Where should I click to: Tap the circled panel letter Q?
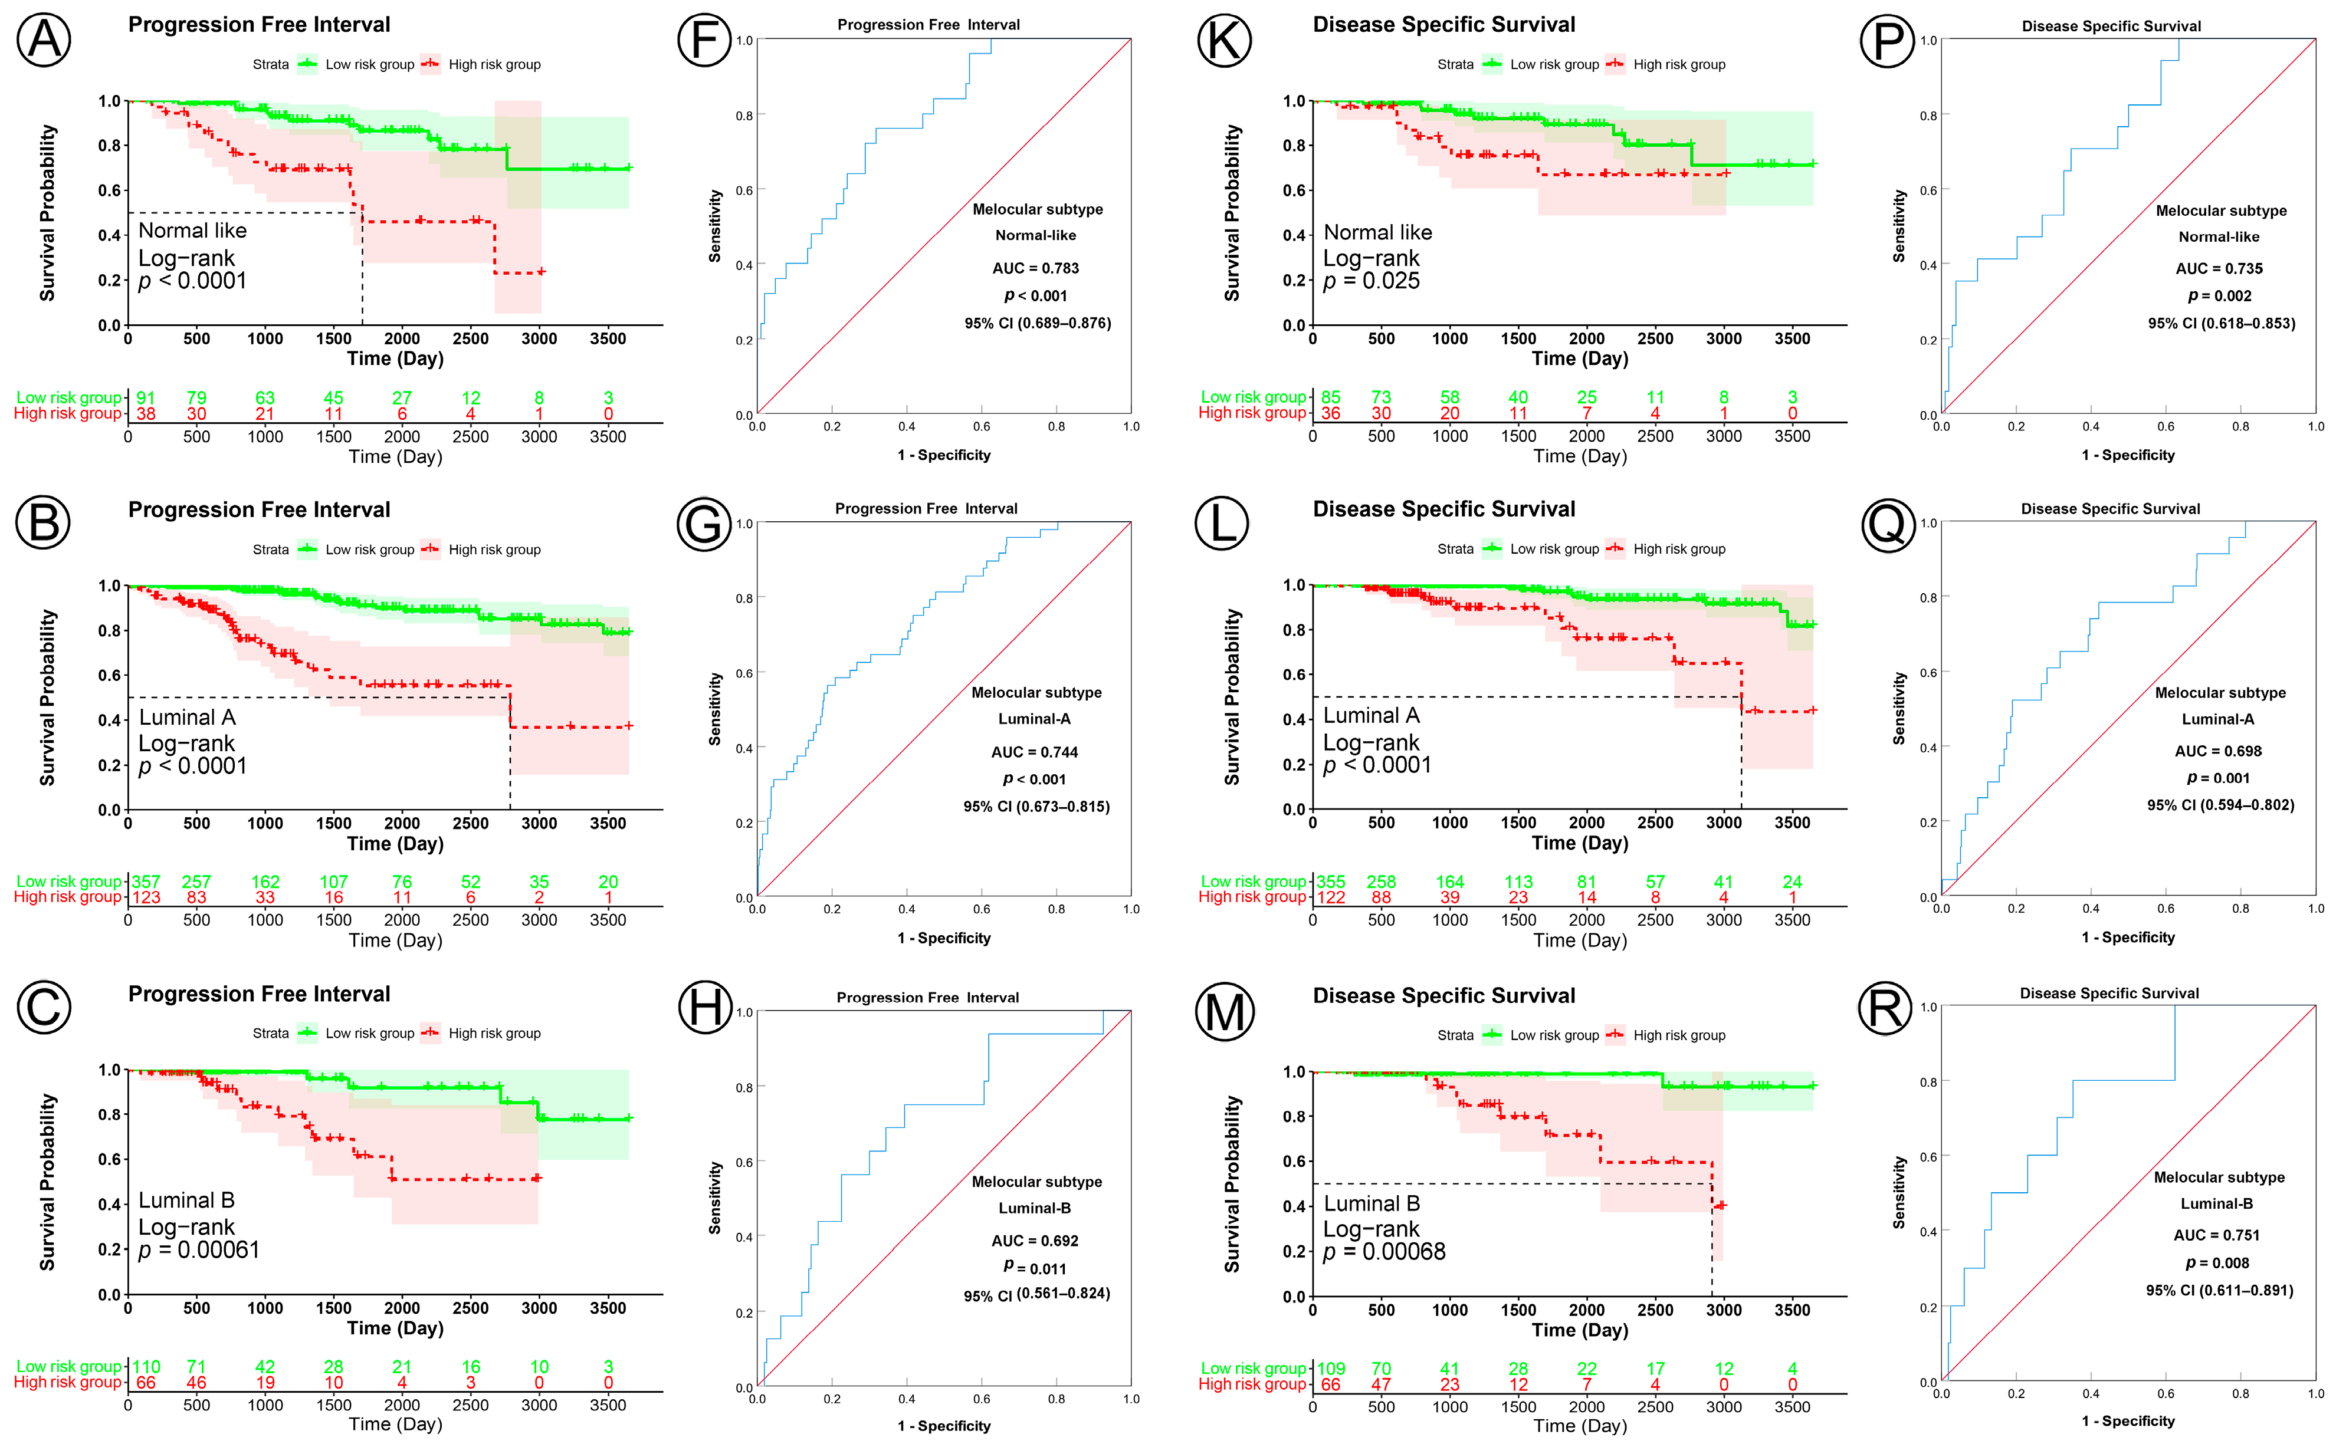pos(1888,524)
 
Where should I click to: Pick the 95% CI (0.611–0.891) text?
pos(2219,1290)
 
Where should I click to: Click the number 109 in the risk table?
pos(1330,1369)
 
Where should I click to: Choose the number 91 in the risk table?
pos(145,397)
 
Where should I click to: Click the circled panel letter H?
pos(704,1008)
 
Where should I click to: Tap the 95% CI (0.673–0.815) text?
pos(1036,806)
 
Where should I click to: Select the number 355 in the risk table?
pos(1330,881)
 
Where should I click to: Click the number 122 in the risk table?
pos(1330,897)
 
